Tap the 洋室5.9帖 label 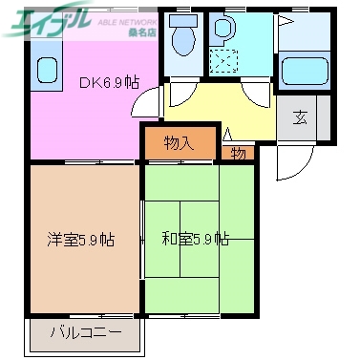(81, 240)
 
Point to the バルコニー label (85, 333)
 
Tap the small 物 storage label (236, 153)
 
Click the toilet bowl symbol (181, 35)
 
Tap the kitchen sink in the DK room (46, 70)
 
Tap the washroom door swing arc (254, 95)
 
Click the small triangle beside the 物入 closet (227, 135)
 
